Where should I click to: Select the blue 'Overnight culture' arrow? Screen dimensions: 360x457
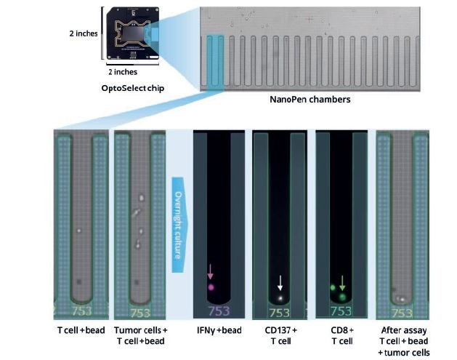(179, 221)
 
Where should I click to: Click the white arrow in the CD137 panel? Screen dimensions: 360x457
(280, 282)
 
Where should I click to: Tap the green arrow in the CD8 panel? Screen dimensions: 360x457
(342, 281)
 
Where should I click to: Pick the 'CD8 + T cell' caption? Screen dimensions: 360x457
(341, 336)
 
